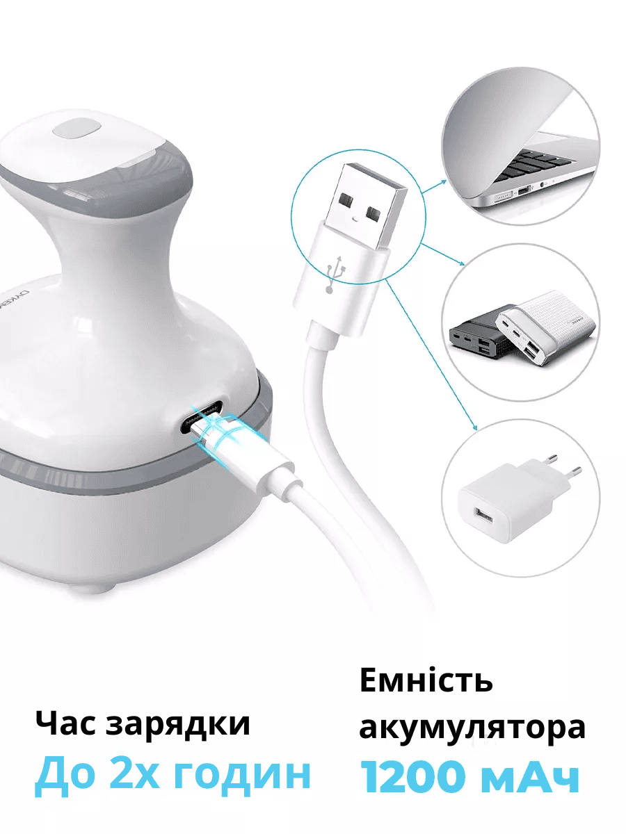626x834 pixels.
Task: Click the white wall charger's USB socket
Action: click(x=483, y=516)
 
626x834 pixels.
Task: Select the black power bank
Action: click(x=479, y=336)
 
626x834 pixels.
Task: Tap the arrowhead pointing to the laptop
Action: click(x=444, y=181)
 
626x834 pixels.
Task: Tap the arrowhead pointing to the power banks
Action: click(x=463, y=263)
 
